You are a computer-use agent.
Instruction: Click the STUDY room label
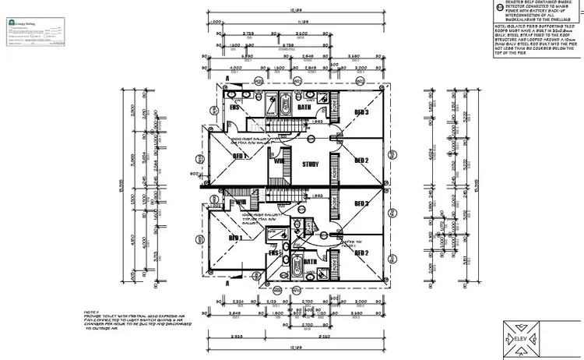[311, 164]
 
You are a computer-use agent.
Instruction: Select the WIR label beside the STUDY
[278, 161]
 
